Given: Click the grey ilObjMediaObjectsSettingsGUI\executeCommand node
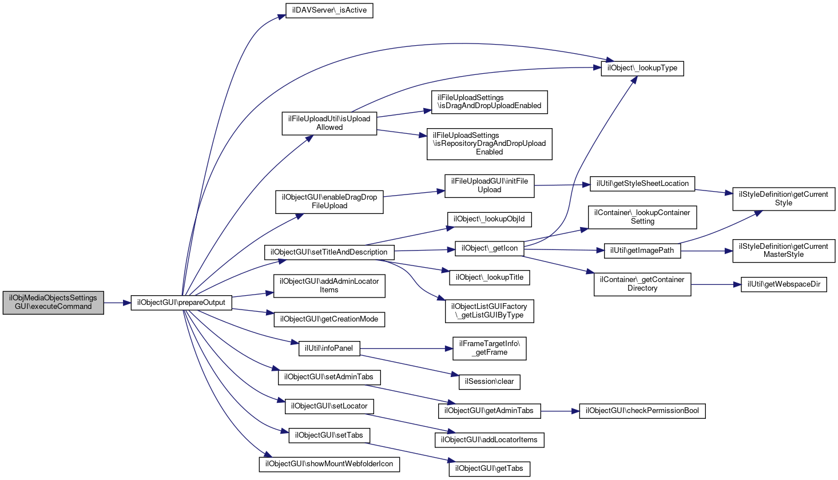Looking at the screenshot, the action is [53, 303].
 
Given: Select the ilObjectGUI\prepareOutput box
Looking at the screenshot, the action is [181, 303].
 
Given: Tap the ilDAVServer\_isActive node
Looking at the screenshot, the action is [329, 10].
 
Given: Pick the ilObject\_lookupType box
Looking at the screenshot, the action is [642, 69].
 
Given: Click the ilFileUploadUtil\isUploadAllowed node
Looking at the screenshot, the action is [329, 124].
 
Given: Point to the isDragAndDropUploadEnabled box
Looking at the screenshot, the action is [489, 102].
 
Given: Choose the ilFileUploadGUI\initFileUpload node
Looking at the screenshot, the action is [489, 186].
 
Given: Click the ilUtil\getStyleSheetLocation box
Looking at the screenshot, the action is [642, 184].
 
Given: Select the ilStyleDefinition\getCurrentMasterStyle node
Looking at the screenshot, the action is [784, 251].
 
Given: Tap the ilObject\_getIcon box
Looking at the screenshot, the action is [489, 248].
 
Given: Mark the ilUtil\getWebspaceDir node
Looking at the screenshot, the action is [784, 285].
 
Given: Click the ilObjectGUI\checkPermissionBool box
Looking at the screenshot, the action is [642, 411].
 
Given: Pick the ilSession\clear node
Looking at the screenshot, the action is [489, 382].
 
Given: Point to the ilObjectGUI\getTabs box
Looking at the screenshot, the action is [489, 469].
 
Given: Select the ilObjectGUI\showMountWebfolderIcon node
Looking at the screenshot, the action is [329, 465].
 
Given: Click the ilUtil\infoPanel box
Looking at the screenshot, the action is [329, 348].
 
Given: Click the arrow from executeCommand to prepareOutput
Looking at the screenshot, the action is [117, 303].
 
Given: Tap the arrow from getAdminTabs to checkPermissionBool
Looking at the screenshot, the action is [560, 411].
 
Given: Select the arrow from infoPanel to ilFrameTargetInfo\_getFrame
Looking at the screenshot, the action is [406, 348].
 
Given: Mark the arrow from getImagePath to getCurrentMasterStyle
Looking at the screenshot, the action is [706, 251].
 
